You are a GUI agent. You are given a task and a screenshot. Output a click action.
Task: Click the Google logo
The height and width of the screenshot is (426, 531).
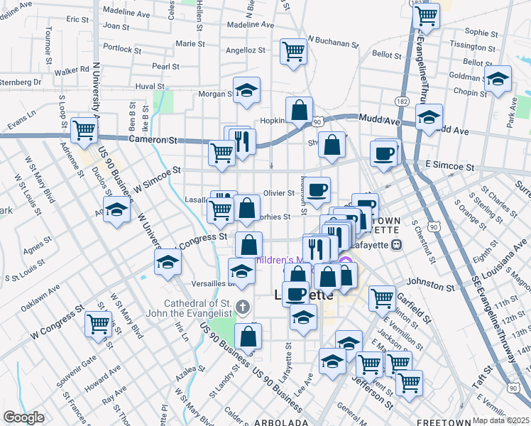(23, 417)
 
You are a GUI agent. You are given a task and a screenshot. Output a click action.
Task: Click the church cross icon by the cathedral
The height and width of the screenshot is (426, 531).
(243, 307)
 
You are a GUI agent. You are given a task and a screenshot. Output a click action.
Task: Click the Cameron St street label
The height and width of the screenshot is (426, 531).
(153, 141)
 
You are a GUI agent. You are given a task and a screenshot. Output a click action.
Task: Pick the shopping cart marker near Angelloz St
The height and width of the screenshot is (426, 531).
(293, 50)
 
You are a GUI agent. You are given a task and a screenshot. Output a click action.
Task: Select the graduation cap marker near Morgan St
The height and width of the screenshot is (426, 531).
(246, 89)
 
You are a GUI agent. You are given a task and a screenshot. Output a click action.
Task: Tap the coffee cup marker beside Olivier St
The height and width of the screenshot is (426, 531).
(318, 189)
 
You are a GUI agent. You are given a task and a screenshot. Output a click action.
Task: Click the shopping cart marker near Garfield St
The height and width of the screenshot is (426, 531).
(382, 297)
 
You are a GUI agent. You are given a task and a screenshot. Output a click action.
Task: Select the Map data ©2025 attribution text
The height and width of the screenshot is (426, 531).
(501, 420)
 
